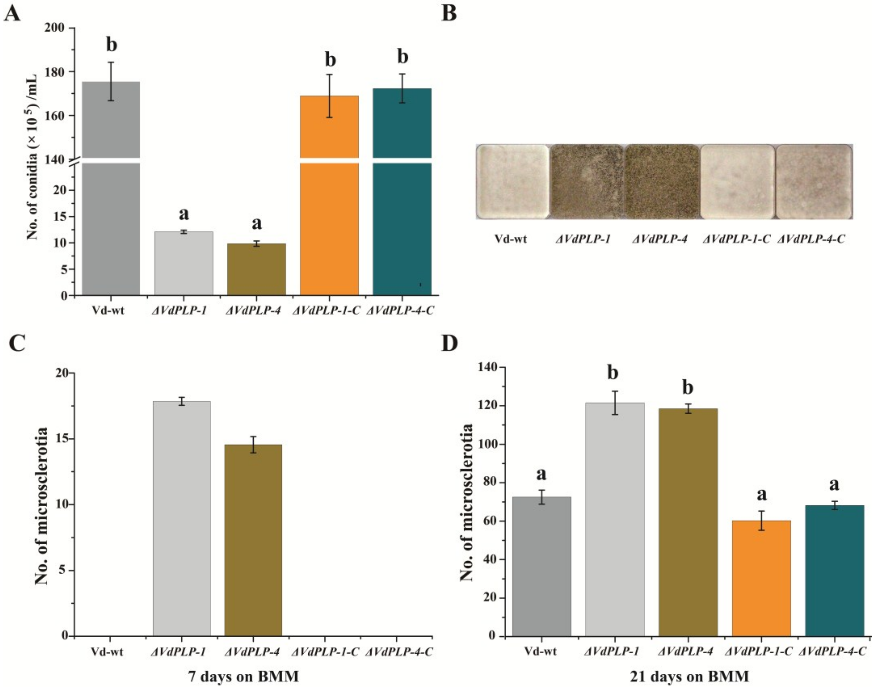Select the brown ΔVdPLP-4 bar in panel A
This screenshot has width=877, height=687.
257,269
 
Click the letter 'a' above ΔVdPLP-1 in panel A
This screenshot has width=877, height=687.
184,214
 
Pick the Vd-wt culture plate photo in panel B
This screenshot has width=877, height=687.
512,182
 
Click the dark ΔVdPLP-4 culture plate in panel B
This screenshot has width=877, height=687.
662,182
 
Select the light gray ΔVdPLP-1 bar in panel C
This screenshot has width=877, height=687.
182,519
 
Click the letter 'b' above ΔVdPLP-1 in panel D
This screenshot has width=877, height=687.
613,373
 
